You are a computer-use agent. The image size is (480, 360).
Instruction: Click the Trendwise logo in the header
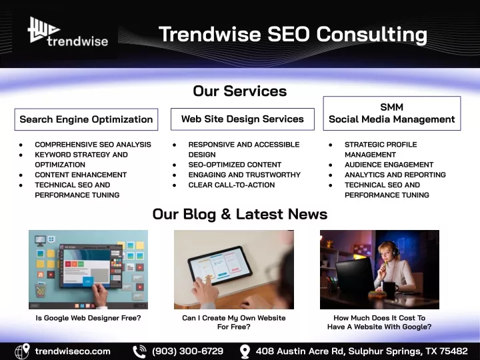click(68, 31)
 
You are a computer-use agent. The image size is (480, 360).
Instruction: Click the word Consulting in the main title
click(371, 35)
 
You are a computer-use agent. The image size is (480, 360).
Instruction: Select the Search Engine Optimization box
click(86, 119)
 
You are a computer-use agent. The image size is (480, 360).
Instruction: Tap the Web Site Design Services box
click(243, 119)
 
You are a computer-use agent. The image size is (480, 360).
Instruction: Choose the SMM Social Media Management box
click(392, 113)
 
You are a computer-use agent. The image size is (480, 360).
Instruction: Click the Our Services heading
click(240, 91)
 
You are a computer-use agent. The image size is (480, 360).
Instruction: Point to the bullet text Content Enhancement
click(81, 175)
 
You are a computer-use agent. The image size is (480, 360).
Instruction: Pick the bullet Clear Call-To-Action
click(231, 185)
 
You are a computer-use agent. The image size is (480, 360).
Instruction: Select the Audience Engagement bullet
click(389, 165)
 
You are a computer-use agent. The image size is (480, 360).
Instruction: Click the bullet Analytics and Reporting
click(395, 175)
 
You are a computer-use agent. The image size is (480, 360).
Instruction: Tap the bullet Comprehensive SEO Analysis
click(93, 145)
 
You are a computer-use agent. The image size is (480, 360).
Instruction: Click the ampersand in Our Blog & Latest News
click(225, 214)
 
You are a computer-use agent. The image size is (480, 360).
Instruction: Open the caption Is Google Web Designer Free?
click(88, 318)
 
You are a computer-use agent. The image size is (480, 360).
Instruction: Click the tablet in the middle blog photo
click(219, 266)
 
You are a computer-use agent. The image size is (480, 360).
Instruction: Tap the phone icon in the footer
click(139, 351)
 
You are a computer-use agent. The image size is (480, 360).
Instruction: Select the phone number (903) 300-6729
click(187, 351)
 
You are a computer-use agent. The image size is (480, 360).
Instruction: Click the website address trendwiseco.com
click(73, 351)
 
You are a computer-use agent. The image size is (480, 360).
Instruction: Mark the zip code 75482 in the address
click(454, 351)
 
